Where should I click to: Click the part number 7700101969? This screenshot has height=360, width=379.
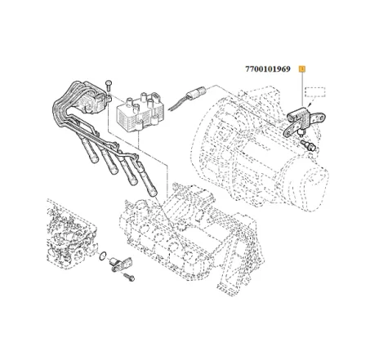pyautogui.click(x=270, y=69)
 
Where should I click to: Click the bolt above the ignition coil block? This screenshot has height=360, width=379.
pyautogui.click(x=109, y=87)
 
